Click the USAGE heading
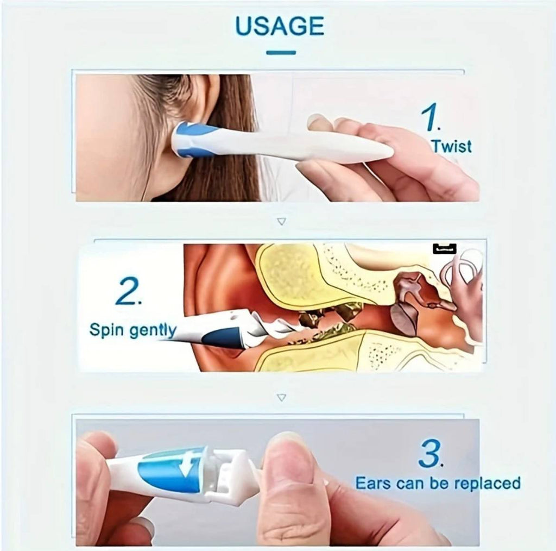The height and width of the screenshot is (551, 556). [280, 26]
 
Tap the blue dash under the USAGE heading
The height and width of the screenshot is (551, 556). [281, 53]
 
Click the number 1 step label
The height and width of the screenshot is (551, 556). [431, 118]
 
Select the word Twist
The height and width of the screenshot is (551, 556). [451, 146]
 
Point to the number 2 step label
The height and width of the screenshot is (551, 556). [129, 293]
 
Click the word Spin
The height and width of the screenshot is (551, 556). [108, 330]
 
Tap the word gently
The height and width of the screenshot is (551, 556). [153, 330]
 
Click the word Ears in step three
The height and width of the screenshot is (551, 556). [374, 483]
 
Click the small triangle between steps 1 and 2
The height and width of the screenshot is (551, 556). [281, 221]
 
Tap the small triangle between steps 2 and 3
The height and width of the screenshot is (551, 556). [281, 397]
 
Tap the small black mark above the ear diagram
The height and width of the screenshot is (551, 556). [444, 249]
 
